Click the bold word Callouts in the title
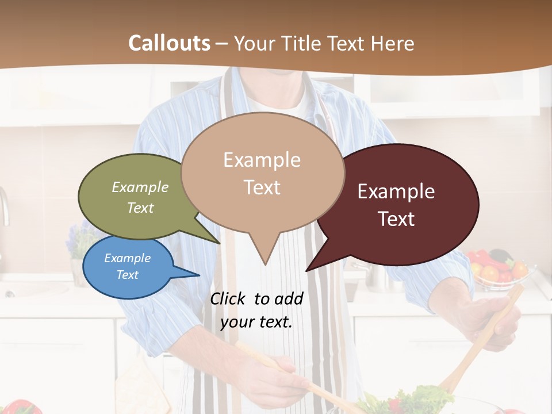pos(169,43)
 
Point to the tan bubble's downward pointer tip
pos(265,263)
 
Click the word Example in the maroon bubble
pos(396,191)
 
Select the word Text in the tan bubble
pos(262,187)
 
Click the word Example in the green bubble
pos(140,187)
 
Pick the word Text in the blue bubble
pos(128,275)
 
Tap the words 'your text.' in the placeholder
pos(256,322)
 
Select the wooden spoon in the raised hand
pos(483,339)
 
